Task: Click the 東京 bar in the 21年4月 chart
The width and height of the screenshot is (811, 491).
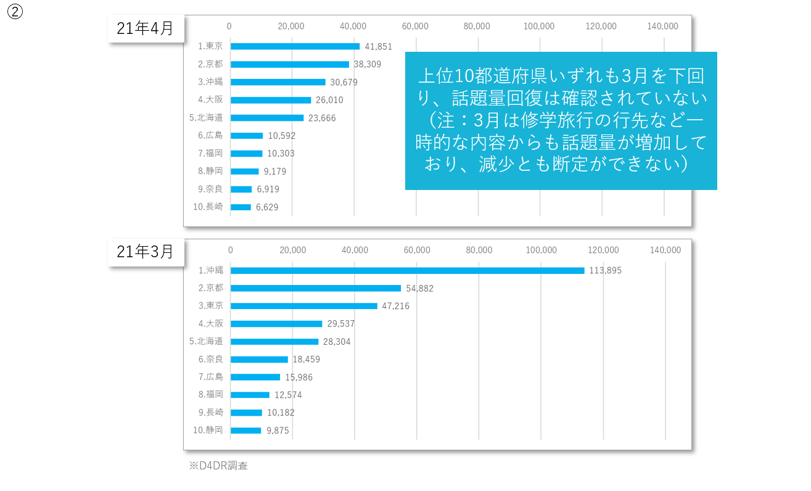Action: click(295, 46)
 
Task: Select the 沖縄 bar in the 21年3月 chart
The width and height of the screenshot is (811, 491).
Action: click(407, 271)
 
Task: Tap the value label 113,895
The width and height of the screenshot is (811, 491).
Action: click(606, 271)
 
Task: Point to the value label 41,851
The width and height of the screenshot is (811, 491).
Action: click(378, 46)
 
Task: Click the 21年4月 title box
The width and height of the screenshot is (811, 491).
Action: click(146, 28)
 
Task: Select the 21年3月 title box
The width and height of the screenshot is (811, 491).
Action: click(146, 252)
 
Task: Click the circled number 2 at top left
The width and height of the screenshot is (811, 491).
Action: click(15, 12)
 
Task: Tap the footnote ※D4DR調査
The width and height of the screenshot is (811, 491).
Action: click(218, 466)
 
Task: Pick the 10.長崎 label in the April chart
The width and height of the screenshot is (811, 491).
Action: click(208, 207)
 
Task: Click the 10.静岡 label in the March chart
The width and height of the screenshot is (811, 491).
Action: click(208, 430)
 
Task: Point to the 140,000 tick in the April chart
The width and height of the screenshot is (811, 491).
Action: click(662, 26)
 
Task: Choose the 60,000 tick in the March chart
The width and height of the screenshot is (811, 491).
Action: click(417, 250)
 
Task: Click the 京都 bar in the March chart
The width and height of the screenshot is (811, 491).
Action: click(316, 288)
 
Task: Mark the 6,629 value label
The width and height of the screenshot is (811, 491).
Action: click(267, 207)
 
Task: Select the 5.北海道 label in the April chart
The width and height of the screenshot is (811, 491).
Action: click(206, 118)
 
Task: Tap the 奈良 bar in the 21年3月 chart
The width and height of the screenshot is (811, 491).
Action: click(259, 360)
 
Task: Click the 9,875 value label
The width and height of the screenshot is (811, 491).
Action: click(278, 431)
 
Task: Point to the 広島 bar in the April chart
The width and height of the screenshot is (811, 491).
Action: click(247, 136)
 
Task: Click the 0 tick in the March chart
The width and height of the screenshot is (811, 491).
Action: click(231, 250)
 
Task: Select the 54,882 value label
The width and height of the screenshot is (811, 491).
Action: click(419, 289)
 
